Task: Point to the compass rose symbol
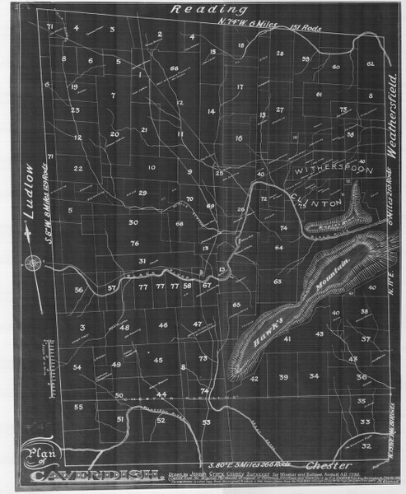coord(32,263)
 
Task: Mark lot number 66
coord(174,68)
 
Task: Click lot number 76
coord(134,244)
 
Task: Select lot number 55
coord(79,407)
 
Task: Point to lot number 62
coord(370,63)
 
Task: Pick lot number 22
coord(77,169)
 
